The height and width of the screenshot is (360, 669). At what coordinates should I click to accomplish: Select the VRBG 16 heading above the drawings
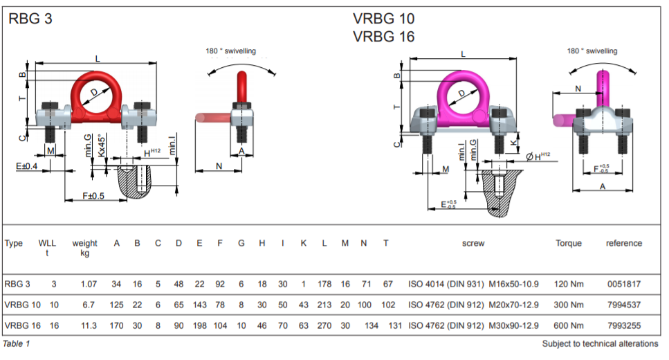click(383, 37)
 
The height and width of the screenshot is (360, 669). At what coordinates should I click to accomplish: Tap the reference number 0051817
click(623, 284)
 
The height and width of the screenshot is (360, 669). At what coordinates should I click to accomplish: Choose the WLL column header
click(47, 243)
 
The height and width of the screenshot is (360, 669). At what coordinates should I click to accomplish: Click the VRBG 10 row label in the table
click(23, 305)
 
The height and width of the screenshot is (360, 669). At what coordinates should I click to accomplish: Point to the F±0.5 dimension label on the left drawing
click(93, 196)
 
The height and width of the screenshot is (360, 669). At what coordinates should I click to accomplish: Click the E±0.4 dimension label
click(27, 165)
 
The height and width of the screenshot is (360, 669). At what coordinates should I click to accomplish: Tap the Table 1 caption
click(17, 343)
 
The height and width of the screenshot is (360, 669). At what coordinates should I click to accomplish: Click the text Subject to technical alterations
click(600, 344)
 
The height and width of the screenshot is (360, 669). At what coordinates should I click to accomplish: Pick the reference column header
click(623, 243)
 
